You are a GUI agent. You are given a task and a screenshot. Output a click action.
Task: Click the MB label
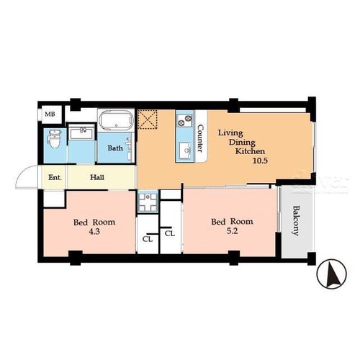point(50,114)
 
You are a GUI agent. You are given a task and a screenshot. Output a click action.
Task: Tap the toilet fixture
point(54,138)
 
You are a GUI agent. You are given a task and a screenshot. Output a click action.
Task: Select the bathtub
point(116,120)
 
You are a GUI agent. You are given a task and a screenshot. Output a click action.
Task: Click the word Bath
point(115,148)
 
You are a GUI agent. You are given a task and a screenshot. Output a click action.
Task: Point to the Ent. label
point(55,178)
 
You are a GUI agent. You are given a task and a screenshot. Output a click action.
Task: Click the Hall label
point(97,177)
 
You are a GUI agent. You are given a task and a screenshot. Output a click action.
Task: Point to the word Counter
point(200,138)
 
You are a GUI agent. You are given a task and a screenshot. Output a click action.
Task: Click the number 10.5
point(260,161)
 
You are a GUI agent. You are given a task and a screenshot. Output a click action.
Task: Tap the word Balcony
point(296,220)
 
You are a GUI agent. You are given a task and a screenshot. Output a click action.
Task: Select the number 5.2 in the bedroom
point(232,231)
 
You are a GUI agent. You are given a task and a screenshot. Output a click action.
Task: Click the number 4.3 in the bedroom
point(94,232)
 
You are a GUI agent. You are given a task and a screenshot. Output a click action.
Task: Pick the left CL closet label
point(148,239)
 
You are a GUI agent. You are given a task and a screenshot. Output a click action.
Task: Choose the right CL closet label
point(170,233)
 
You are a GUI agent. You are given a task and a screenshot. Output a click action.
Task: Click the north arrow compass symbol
point(332,274)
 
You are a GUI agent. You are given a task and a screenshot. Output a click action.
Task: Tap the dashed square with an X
point(148,120)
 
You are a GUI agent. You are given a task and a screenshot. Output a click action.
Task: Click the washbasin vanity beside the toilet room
point(81,132)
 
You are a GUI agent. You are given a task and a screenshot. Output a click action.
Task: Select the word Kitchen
point(250,151)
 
